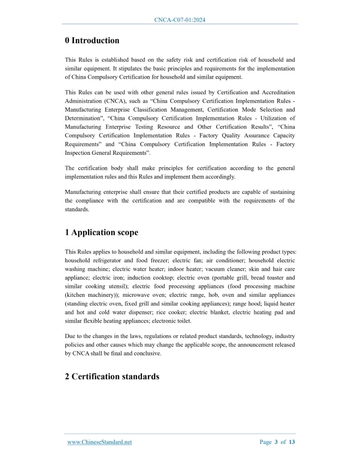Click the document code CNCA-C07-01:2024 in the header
180,20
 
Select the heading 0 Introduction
92,41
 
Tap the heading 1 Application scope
101,232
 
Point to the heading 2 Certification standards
112,377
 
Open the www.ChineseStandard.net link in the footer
100,442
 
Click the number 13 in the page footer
292,442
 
